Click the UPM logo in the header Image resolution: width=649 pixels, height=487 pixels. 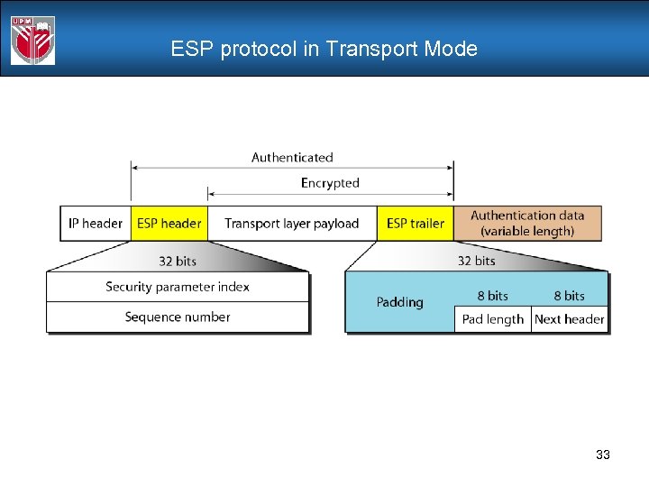[32, 41]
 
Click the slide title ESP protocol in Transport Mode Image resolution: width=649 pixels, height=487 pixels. [324, 50]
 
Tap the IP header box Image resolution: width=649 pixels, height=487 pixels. [96, 224]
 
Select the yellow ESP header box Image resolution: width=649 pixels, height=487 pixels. [169, 224]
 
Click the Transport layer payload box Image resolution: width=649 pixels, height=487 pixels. [291, 224]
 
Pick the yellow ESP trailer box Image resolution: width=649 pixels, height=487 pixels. [415, 224]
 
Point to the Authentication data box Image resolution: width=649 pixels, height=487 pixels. [527, 223]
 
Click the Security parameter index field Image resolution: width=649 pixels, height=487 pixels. [178, 287]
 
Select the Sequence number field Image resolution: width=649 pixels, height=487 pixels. [178, 317]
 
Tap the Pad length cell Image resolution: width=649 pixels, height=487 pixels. [492, 319]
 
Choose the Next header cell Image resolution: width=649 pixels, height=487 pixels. [569, 319]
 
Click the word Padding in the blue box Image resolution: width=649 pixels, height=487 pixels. [399, 302]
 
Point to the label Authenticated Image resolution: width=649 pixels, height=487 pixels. [292, 158]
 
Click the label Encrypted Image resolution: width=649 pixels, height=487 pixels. [330, 183]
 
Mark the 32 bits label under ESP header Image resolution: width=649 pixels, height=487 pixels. [177, 261]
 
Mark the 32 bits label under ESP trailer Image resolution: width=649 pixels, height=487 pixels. [476, 261]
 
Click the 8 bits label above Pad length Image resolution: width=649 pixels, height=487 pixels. [492, 296]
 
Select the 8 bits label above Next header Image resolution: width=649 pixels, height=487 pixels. [569, 296]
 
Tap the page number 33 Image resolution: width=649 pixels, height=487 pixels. [603, 455]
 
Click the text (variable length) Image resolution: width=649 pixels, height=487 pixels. [527, 232]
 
